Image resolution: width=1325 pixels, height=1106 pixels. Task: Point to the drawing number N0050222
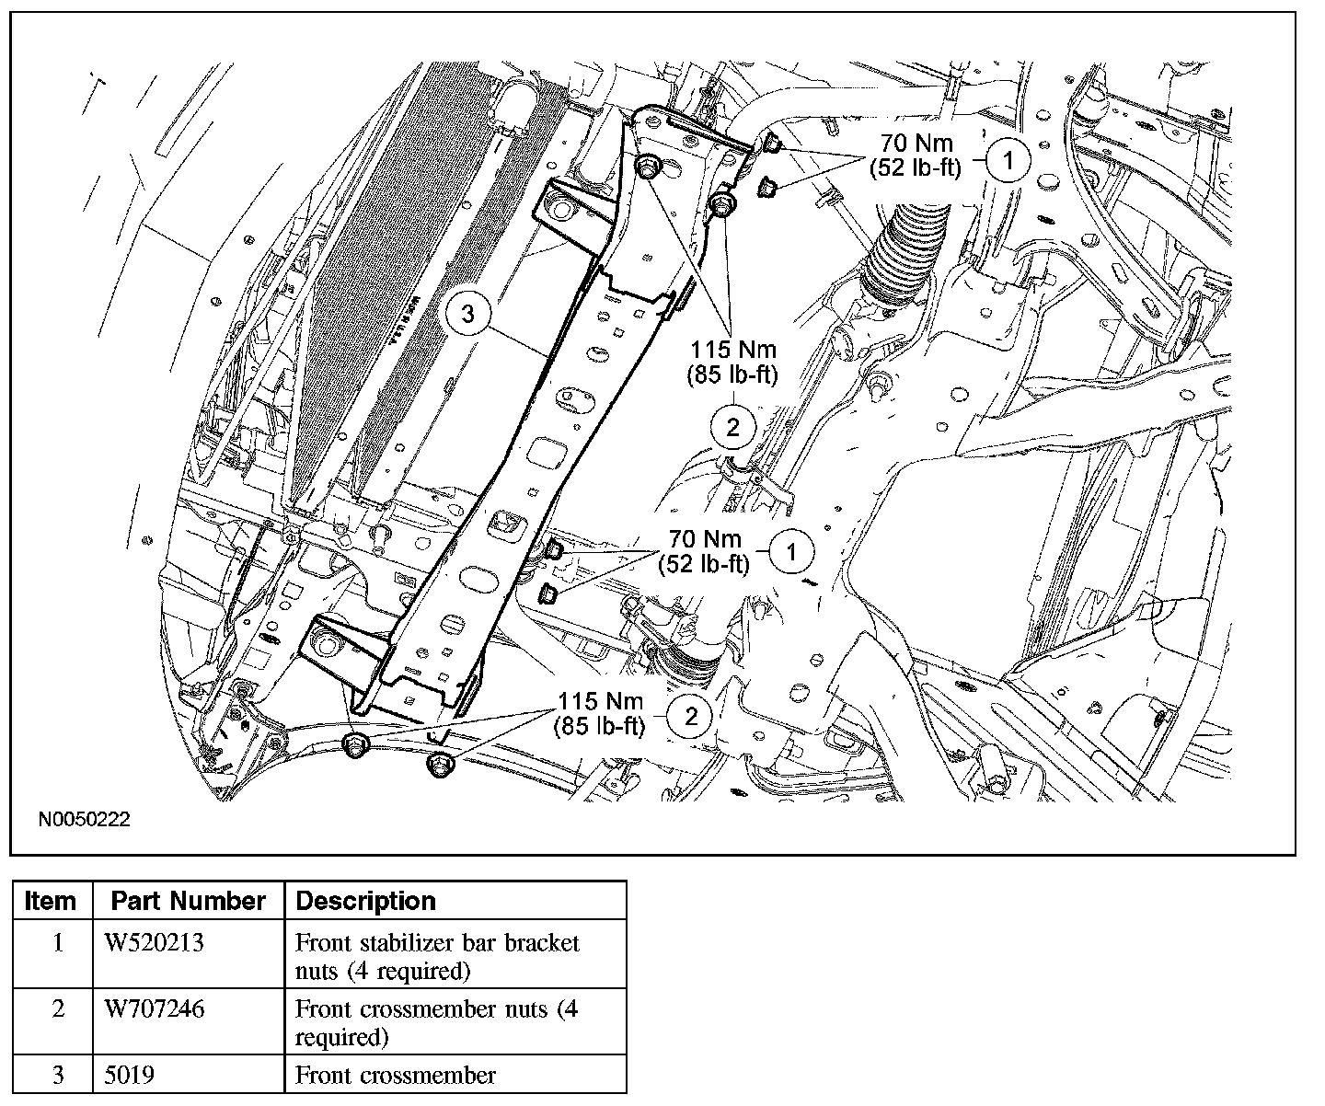[84, 819]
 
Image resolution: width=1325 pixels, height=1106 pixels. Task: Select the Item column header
[51, 900]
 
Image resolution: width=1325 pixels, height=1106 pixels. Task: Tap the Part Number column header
[189, 900]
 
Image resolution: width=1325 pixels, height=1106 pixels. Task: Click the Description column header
[365, 900]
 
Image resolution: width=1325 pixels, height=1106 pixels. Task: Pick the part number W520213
[154, 943]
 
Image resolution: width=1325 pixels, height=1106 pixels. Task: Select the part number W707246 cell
[155, 1009]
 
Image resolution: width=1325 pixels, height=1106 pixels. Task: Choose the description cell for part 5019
[396, 1075]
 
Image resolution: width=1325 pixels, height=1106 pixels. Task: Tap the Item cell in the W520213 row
[58, 943]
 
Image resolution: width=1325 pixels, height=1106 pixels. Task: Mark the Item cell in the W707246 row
[58, 1009]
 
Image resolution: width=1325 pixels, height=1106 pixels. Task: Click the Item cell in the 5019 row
[58, 1075]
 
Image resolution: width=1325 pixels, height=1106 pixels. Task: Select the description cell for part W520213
[437, 956]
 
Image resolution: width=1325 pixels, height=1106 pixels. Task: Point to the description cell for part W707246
[437, 1022]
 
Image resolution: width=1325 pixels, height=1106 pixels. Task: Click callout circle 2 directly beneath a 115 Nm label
[732, 427]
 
